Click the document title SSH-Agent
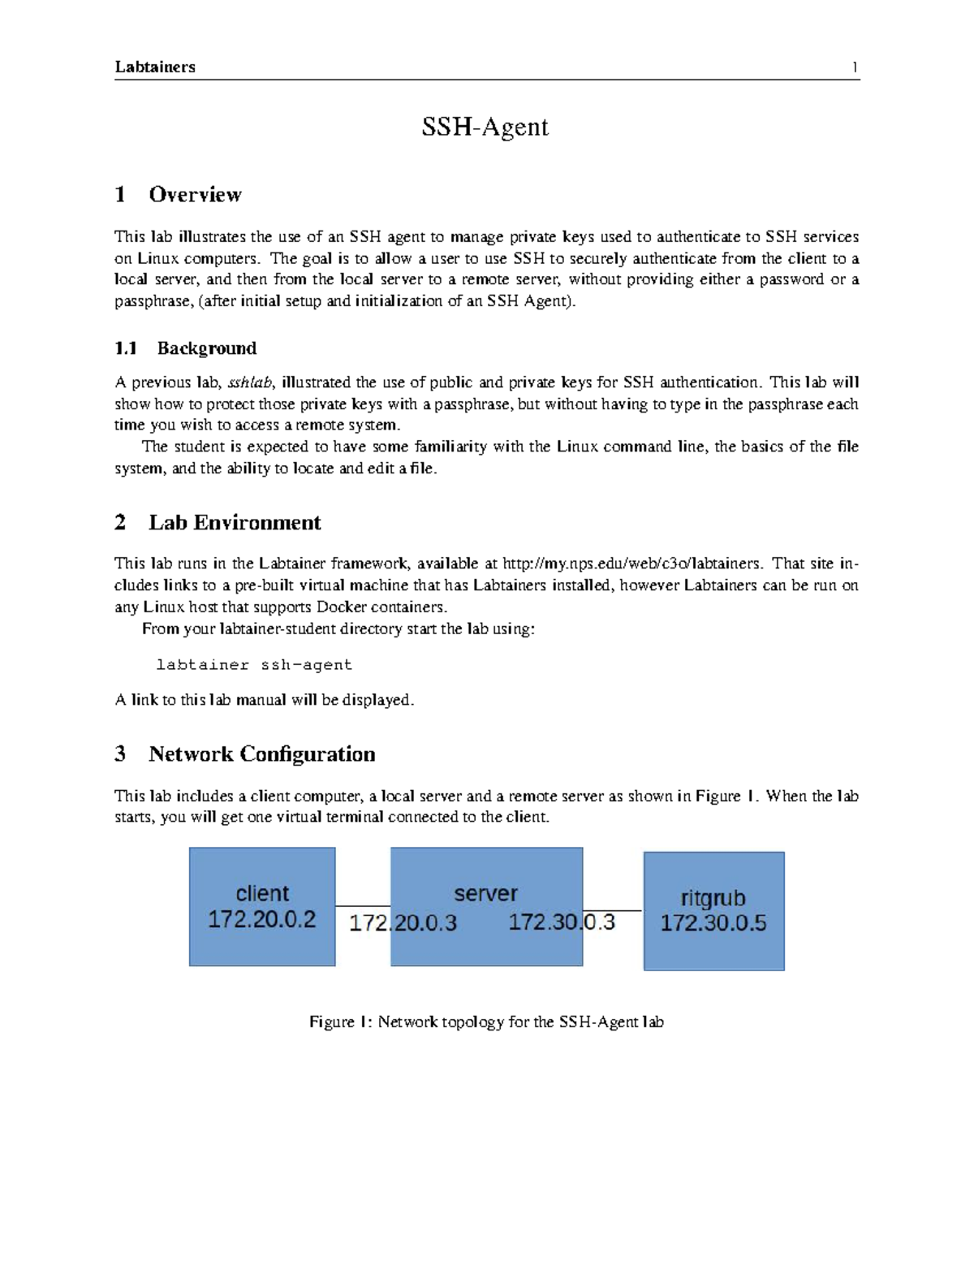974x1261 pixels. coord(485,127)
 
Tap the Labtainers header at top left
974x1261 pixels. coord(155,67)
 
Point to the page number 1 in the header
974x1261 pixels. coord(855,67)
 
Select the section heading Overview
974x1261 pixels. coord(195,195)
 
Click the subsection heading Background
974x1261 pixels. coord(206,348)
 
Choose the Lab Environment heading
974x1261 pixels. coord(235,523)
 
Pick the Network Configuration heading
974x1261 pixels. coord(261,754)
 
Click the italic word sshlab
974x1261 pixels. coord(250,383)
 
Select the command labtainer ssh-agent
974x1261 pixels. coord(254,665)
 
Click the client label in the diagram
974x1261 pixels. coord(262,893)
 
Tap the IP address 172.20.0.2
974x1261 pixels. coord(262,920)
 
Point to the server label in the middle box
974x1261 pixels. coord(485,893)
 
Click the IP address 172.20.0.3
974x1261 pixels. coord(403,923)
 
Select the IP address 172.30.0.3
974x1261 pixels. coord(562,922)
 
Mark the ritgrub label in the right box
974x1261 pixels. coord(713,898)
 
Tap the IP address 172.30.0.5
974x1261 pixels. coord(713,923)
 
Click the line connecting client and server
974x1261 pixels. coord(363,906)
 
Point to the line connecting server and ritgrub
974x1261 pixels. coord(613,910)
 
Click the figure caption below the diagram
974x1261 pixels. coord(486,1022)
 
